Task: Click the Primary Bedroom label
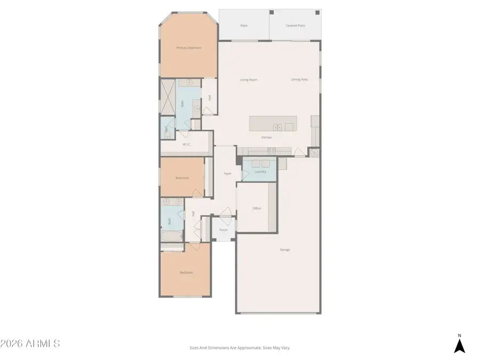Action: pos(189,48)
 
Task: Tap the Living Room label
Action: pos(249,80)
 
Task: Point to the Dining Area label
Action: pos(300,79)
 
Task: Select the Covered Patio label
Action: pos(295,25)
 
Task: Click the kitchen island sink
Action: pos(277,127)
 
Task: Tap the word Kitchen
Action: pos(266,138)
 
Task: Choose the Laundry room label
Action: pos(260,172)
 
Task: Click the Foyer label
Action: pos(227,174)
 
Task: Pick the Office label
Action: pos(257,209)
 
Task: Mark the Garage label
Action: pos(285,250)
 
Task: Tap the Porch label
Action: pos(223,230)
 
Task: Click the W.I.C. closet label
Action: pos(187,145)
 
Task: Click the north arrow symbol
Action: pos(459,346)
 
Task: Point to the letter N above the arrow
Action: pos(459,335)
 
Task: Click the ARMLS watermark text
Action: pos(30,343)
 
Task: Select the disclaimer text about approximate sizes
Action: pos(239,348)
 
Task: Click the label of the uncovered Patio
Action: pos(244,25)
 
